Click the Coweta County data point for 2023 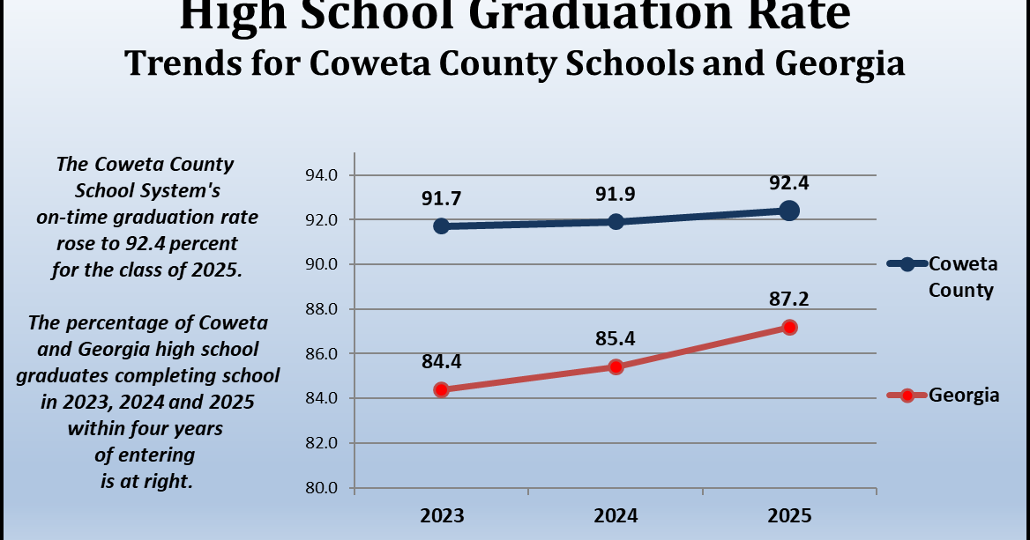point(442,226)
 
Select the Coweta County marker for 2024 point(616,221)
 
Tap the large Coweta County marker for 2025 point(789,211)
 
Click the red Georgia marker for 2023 point(442,389)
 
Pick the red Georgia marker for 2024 point(616,366)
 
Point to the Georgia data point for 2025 point(789,327)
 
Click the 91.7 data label point(442,198)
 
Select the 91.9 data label point(616,194)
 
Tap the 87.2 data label point(789,299)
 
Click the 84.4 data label point(442,361)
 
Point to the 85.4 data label point(616,338)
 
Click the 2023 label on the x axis point(442,516)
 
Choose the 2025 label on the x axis point(789,516)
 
